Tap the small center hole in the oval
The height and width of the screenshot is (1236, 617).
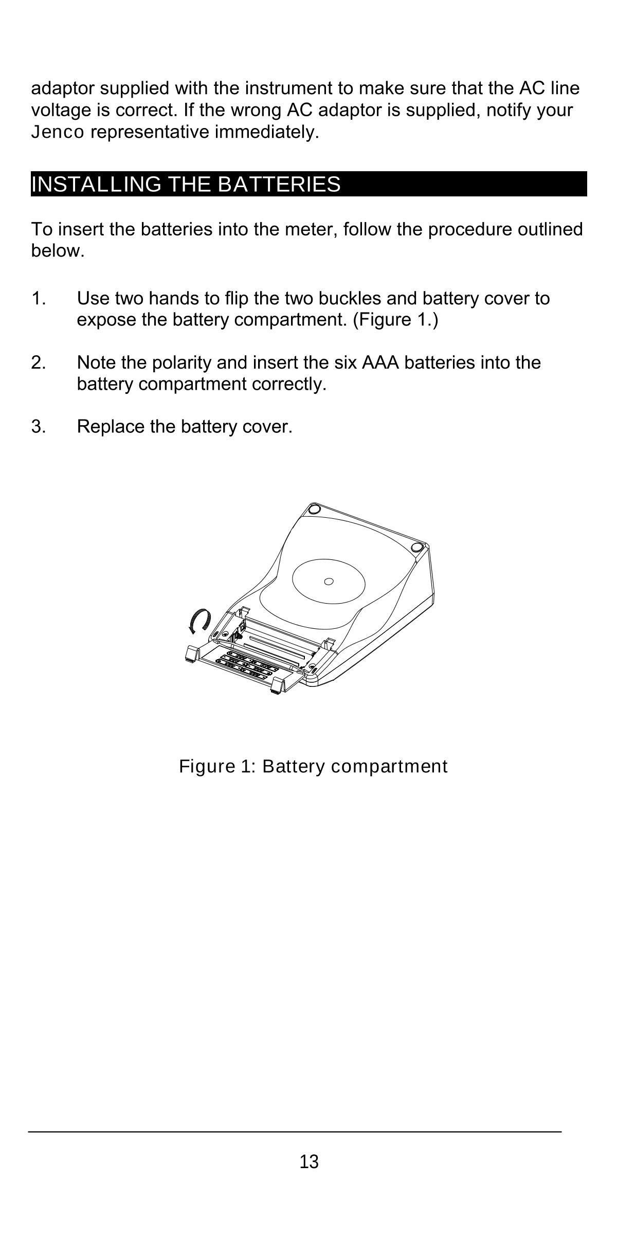329,581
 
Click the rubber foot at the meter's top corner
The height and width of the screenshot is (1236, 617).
312,509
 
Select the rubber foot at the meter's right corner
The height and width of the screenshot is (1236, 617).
418,546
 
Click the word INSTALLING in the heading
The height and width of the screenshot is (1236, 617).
96,184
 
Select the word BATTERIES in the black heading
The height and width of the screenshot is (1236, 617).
279,184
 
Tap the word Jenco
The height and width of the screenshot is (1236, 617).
58,133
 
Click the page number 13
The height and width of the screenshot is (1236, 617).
309,1161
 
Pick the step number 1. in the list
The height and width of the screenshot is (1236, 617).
39,298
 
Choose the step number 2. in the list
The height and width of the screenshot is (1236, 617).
39,362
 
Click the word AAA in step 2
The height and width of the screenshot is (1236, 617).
381,362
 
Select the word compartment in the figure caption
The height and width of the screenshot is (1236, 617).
389,767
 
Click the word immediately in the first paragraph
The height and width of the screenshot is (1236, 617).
267,133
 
